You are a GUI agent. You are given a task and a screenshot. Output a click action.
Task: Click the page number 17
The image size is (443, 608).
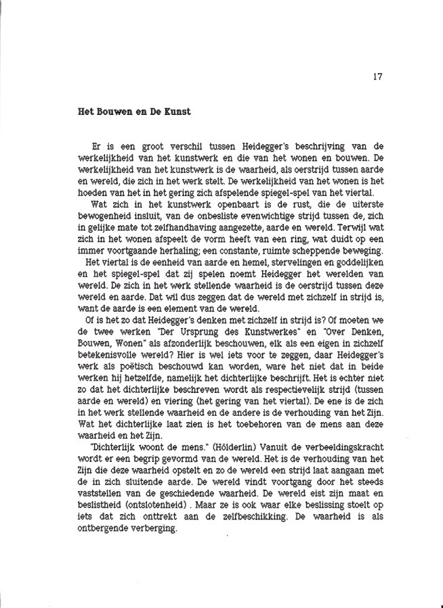tap(378, 76)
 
